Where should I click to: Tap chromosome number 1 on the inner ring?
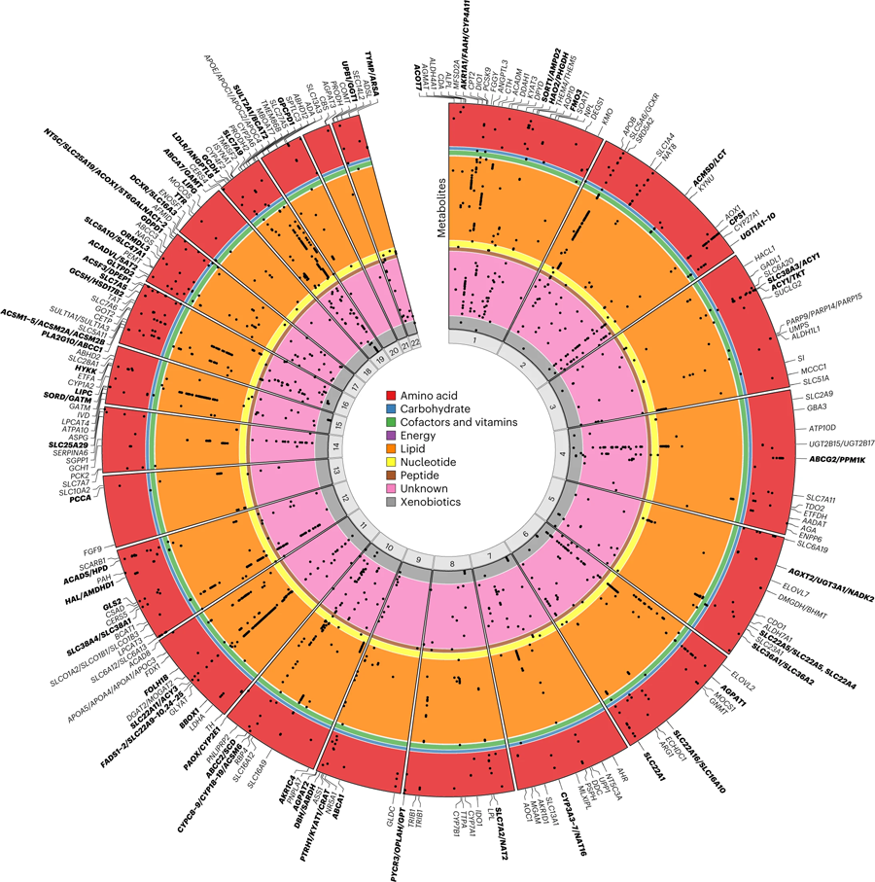coord(472,341)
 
